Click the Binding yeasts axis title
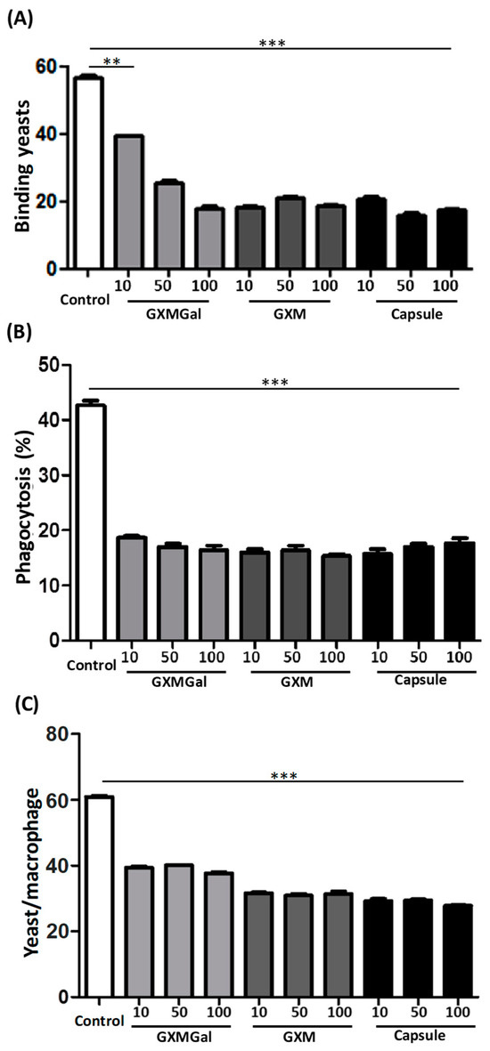click(20, 167)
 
